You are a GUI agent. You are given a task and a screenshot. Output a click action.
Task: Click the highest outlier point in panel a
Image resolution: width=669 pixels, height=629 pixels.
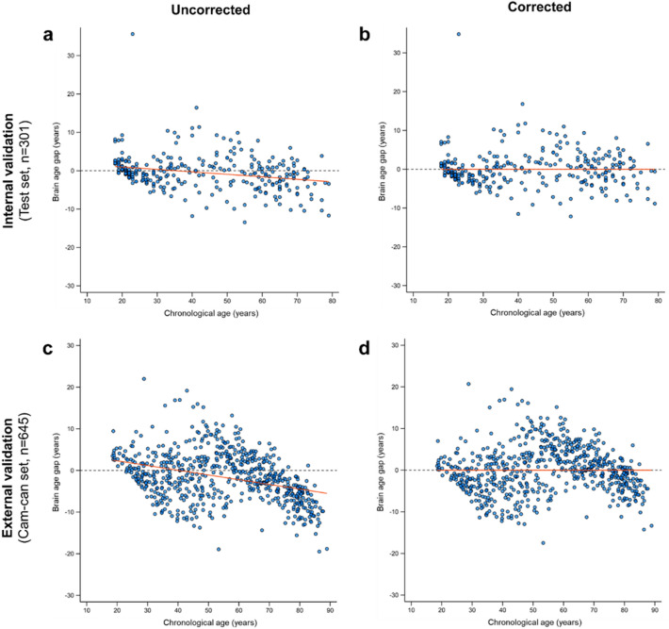(132, 34)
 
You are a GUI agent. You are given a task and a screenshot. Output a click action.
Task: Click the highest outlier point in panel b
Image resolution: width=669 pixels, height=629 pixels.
(459, 34)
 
